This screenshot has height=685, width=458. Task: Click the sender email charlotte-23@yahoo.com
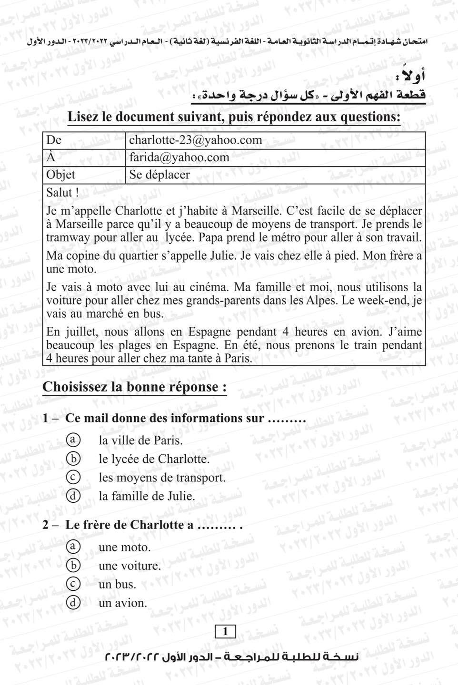(195, 140)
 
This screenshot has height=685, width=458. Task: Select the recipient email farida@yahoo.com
(179, 157)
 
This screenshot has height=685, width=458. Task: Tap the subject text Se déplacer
(159, 175)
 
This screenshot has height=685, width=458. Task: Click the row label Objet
(60, 175)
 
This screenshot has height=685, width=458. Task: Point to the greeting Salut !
(62, 193)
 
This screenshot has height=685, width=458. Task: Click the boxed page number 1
(225, 632)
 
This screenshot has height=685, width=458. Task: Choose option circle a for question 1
(73, 440)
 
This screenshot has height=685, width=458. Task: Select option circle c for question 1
(73, 477)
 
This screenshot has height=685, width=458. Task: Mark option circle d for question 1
(73, 496)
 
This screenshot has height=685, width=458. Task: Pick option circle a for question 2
(73, 547)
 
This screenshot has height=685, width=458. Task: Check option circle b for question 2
(73, 565)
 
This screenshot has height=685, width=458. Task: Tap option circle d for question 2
(73, 603)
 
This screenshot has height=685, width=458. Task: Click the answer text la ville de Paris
(140, 440)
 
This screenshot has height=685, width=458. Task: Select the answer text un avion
(122, 603)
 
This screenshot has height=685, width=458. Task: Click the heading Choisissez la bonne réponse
(134, 387)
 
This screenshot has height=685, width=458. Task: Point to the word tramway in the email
(65, 237)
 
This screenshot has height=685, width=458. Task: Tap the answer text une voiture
(129, 566)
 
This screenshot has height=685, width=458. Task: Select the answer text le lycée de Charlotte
(154, 459)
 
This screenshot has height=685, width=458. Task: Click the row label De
(54, 140)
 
